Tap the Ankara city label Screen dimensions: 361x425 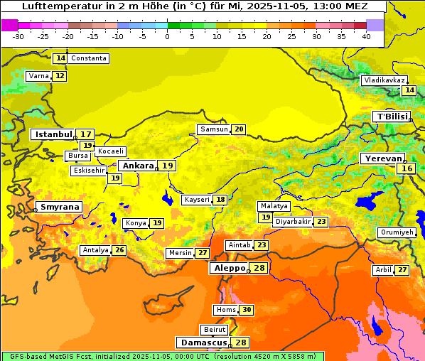click(137, 166)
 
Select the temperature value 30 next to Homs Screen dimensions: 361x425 click(247, 310)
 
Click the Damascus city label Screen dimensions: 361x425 click(203, 343)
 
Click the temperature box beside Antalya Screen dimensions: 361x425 click(119, 250)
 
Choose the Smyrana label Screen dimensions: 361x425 click(60, 207)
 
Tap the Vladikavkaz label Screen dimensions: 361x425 click(384, 80)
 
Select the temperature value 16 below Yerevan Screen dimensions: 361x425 click(407, 168)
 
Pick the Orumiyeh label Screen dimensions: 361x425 click(396, 232)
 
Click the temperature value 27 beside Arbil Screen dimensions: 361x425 click(402, 270)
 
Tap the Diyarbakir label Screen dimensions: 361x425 click(292, 222)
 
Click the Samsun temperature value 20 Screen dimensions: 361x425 click(239, 129)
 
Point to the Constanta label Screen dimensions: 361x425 click(89, 58)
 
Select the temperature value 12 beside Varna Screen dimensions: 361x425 click(60, 76)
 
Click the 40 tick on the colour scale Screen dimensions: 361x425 click(366, 36)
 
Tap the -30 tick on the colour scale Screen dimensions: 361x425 click(18, 36)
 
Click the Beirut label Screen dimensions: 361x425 click(215, 330)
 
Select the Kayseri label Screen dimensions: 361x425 click(197, 200)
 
